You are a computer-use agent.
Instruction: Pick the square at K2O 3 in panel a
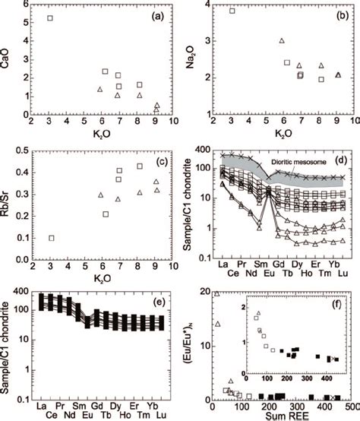click(50, 18)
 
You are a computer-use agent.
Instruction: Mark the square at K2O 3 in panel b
click(232, 11)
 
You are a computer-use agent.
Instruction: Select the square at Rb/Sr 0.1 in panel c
click(51, 238)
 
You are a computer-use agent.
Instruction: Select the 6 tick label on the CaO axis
click(27, 4)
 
